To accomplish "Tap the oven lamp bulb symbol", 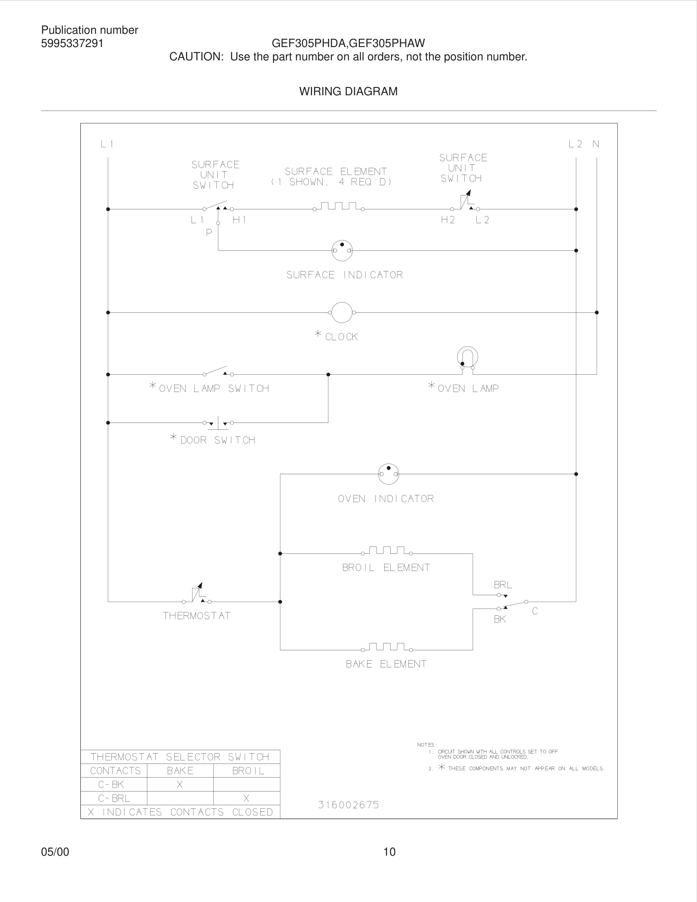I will point(467,357).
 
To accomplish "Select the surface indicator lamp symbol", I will point(342,250).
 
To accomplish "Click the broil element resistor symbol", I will point(387,551).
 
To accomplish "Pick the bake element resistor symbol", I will point(387,647).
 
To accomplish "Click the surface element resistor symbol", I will point(339,207).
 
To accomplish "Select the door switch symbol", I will point(218,423).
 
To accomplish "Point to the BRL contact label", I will point(503,585).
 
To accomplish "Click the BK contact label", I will point(500,619).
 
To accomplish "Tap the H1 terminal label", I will point(240,220).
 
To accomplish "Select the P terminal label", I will point(209,232).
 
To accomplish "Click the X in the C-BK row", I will point(180,784).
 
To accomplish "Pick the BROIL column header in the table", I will point(248,771).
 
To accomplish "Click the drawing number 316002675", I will point(348,804).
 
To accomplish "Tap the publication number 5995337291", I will point(72,43).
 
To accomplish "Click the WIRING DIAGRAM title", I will point(348,91).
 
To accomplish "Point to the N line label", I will point(596,144).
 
